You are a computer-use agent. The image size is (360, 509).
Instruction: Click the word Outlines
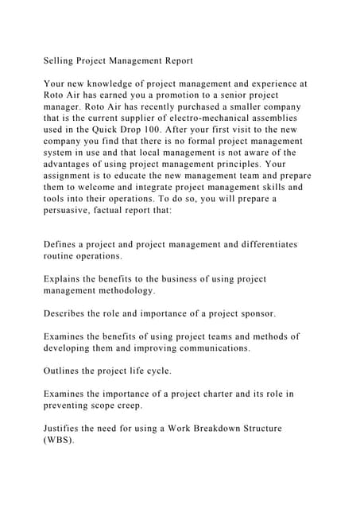tap(64, 371)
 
